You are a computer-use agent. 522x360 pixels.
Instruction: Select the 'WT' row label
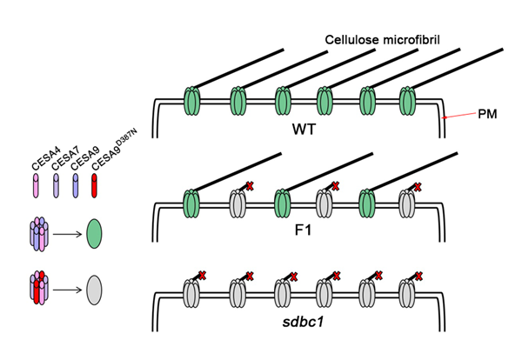click(x=304, y=129)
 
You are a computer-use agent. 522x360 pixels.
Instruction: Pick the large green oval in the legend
click(x=96, y=233)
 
